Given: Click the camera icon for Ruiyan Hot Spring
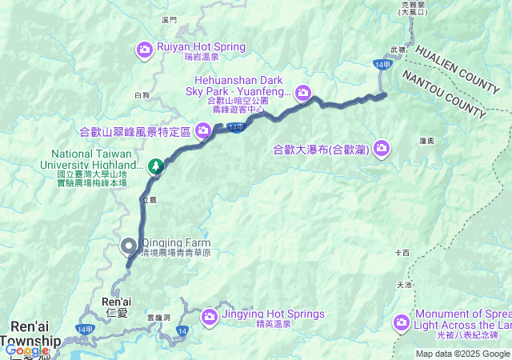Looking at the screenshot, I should click(145, 50).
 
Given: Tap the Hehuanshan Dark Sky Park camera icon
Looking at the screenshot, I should click(303, 94).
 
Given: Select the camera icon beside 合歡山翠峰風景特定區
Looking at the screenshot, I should click(203, 130).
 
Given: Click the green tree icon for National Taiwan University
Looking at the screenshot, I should click(156, 166).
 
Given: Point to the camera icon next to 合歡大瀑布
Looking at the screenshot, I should click(382, 147).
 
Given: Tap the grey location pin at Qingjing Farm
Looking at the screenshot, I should click(128, 246).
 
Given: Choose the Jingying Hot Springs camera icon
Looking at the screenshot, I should click(210, 317).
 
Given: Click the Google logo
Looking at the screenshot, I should click(26, 350).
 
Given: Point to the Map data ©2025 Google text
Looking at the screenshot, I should click(462, 354).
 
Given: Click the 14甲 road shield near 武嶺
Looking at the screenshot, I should click(381, 62).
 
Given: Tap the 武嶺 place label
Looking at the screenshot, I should click(398, 50).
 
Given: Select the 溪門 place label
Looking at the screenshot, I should click(168, 18).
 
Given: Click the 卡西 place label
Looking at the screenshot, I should click(402, 253).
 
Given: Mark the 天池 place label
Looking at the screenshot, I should click(403, 285).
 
